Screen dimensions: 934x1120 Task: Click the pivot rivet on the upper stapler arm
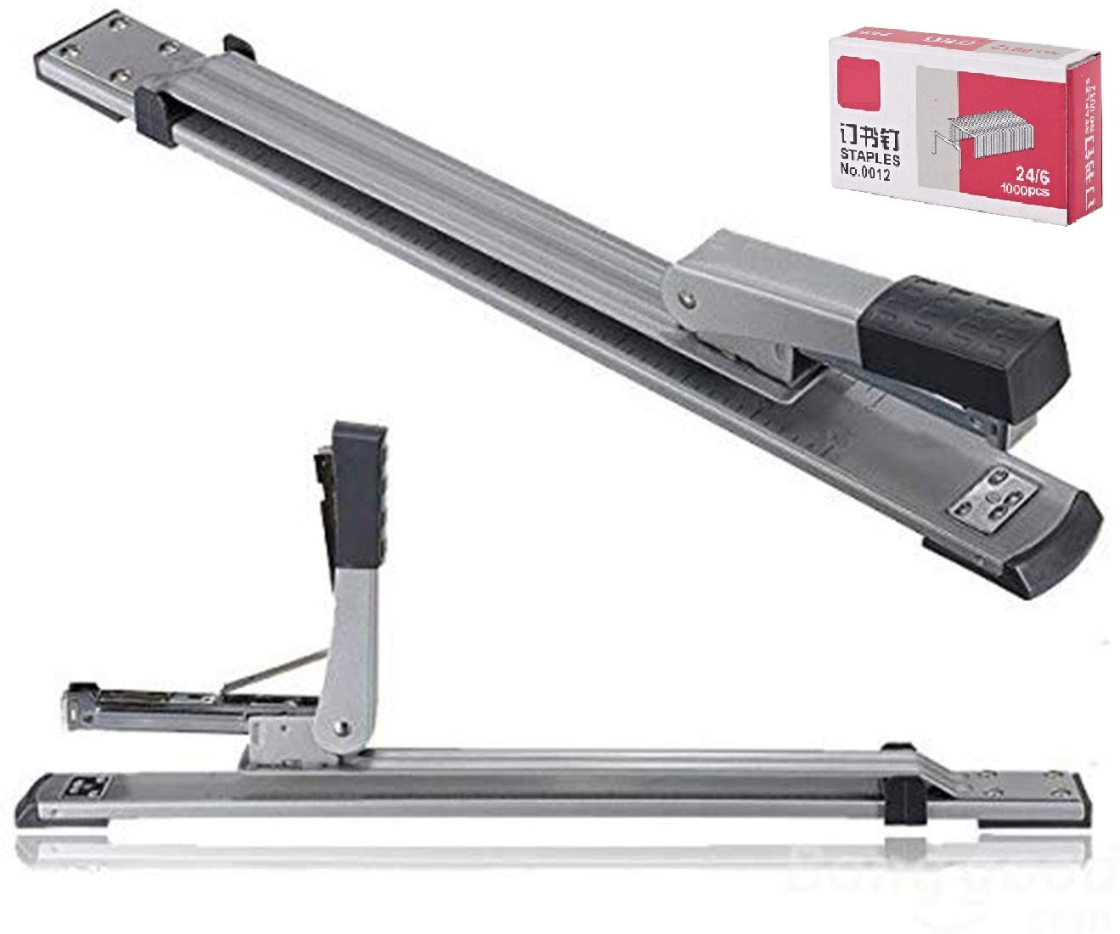(688, 298)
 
